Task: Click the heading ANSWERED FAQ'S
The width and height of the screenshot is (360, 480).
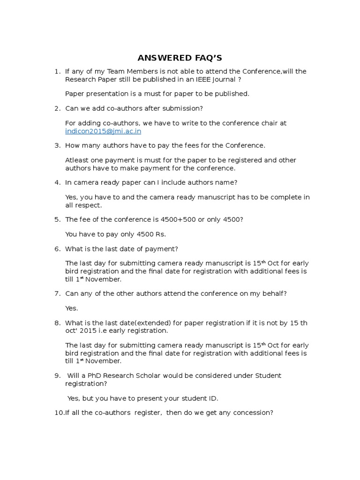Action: (180, 58)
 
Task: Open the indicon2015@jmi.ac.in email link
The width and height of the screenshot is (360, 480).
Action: (103, 131)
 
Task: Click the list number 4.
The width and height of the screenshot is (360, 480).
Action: (57, 182)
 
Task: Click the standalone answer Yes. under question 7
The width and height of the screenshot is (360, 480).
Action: (72, 308)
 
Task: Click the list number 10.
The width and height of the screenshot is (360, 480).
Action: (59, 413)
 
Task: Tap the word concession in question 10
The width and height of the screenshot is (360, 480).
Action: (255, 413)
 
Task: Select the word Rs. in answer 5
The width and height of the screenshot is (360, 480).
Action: (160, 234)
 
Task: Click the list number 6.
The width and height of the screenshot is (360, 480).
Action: (57, 248)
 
